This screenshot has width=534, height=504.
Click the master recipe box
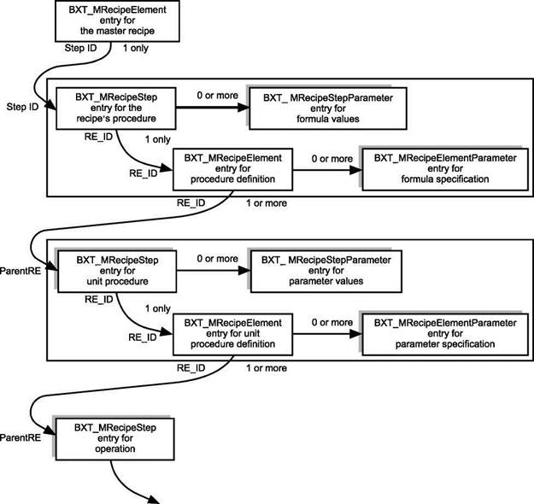click(117, 21)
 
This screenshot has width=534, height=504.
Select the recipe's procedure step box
click(116, 108)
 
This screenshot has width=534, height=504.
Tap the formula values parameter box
click(328, 108)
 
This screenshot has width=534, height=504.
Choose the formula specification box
click(445, 169)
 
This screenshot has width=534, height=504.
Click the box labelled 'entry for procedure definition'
click(233, 169)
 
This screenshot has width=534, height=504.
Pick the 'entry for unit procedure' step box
click(117, 271)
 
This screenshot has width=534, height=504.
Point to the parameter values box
click(326, 271)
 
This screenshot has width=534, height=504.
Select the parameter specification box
click(445, 334)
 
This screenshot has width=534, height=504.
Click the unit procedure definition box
click(233, 334)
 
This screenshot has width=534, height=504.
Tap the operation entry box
click(115, 439)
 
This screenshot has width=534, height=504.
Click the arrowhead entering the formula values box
click(244, 108)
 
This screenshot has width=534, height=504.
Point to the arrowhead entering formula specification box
click(356, 170)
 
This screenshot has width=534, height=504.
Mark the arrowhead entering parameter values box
click(244, 271)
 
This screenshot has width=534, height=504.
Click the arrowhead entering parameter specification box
click(356, 334)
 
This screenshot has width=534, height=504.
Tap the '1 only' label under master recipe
click(136, 48)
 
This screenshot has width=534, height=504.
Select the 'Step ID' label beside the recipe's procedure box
click(22, 107)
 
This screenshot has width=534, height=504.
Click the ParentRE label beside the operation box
click(21, 437)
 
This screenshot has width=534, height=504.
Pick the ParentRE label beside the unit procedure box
click(21, 271)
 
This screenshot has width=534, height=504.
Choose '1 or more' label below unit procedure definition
click(267, 368)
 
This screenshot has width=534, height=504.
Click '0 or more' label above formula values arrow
click(217, 96)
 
